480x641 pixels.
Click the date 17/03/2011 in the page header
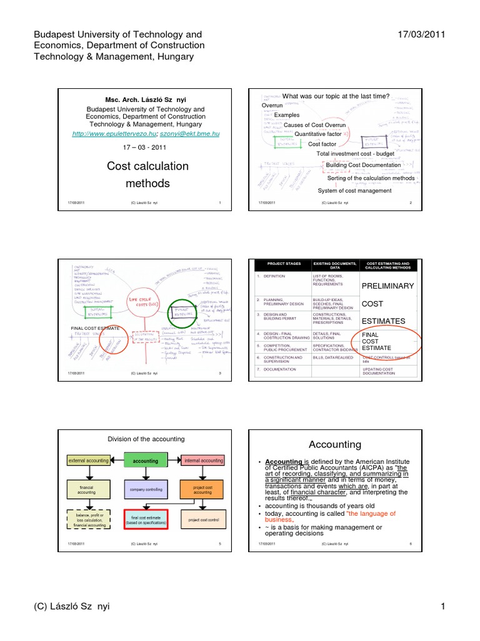coord(421,35)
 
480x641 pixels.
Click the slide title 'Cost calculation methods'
coord(147,175)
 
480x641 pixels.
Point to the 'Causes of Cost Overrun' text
coord(314,125)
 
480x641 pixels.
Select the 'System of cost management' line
coord(354,190)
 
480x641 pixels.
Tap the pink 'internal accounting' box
coord(202,461)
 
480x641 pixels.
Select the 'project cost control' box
coord(202,520)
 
